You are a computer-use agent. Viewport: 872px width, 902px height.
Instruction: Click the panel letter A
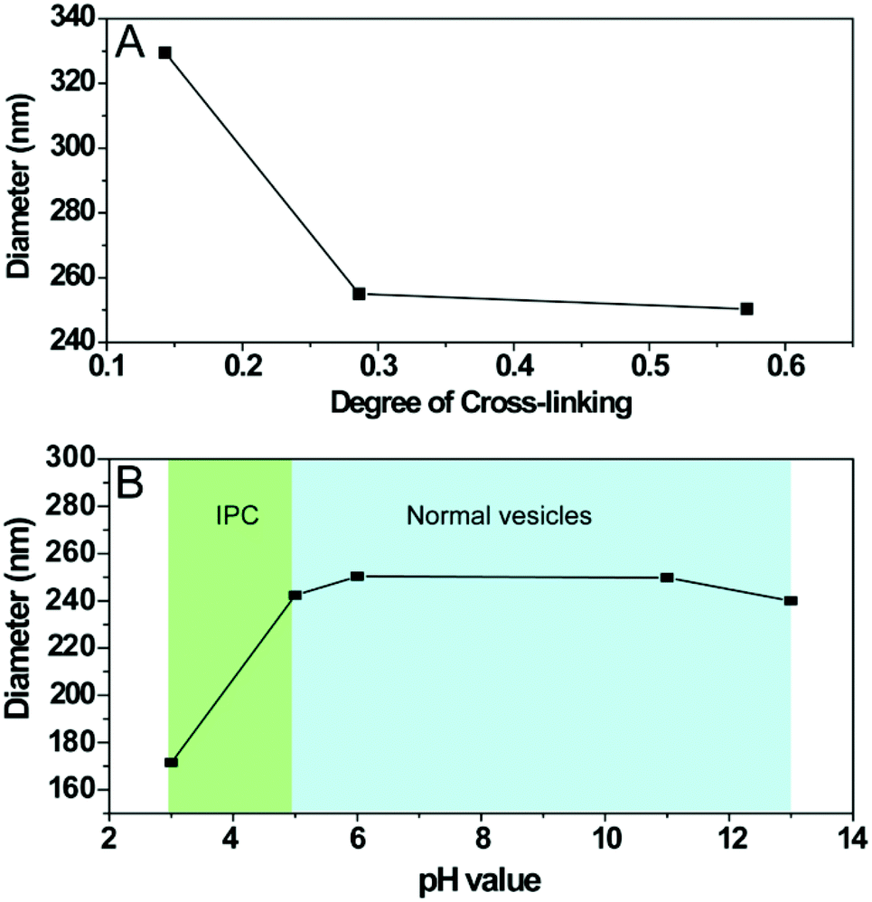131,42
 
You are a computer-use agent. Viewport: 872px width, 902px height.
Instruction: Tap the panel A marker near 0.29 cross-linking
359,294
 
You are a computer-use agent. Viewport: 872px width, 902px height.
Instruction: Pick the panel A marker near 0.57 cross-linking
746,308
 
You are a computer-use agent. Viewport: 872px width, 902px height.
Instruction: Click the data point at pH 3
171,762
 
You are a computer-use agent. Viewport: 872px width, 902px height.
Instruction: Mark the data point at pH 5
295,595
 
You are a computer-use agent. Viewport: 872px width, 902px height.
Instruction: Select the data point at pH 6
357,576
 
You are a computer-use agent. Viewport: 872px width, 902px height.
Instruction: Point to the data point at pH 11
667,578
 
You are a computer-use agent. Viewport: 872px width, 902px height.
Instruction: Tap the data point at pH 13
791,600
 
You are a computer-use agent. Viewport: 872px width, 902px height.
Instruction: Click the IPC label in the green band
230,516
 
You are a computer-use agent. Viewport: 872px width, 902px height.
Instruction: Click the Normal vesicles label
499,516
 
